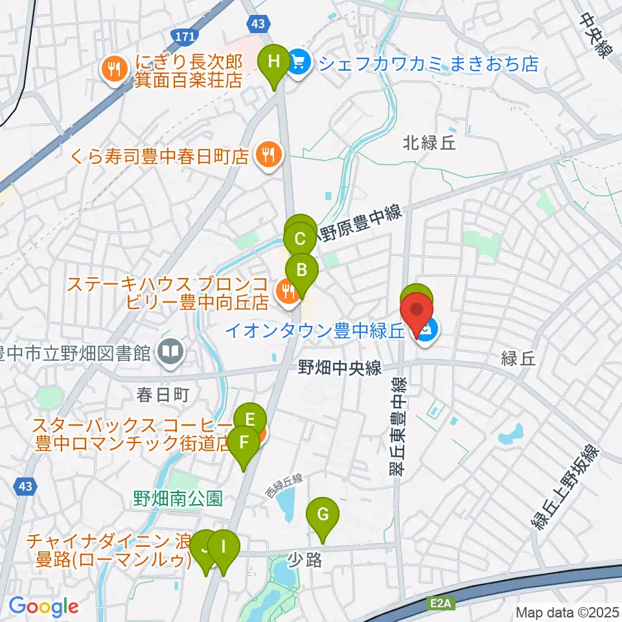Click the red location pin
pos(417,311)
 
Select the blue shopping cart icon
pos(298,62)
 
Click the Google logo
pos(43,606)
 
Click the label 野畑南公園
pos(179,499)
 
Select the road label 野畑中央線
pos(340,368)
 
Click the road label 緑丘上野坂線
pos(564,488)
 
